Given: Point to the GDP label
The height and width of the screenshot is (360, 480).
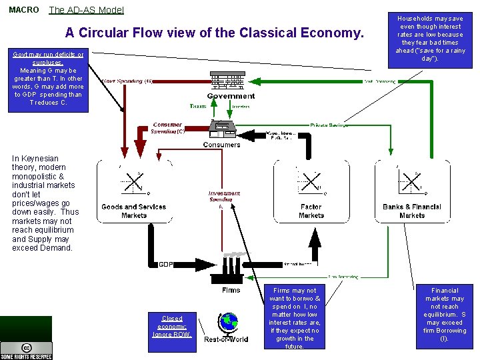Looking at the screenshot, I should (166, 265).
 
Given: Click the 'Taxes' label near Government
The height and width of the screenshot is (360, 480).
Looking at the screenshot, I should (198, 106).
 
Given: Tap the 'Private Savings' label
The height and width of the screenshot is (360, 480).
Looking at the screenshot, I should (329, 125).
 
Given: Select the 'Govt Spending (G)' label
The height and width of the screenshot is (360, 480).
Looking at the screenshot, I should (127, 81).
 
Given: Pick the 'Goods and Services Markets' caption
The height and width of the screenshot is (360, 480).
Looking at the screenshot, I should (133, 211).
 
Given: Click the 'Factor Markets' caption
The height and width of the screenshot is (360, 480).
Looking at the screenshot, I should (311, 211).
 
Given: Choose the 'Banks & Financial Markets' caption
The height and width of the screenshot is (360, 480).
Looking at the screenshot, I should (412, 211).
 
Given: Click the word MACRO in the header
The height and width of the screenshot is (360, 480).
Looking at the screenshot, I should (24, 10).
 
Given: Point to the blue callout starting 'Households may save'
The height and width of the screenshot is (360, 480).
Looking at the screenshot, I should (430, 39).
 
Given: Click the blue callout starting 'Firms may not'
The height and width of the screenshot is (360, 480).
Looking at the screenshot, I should (294, 318).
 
